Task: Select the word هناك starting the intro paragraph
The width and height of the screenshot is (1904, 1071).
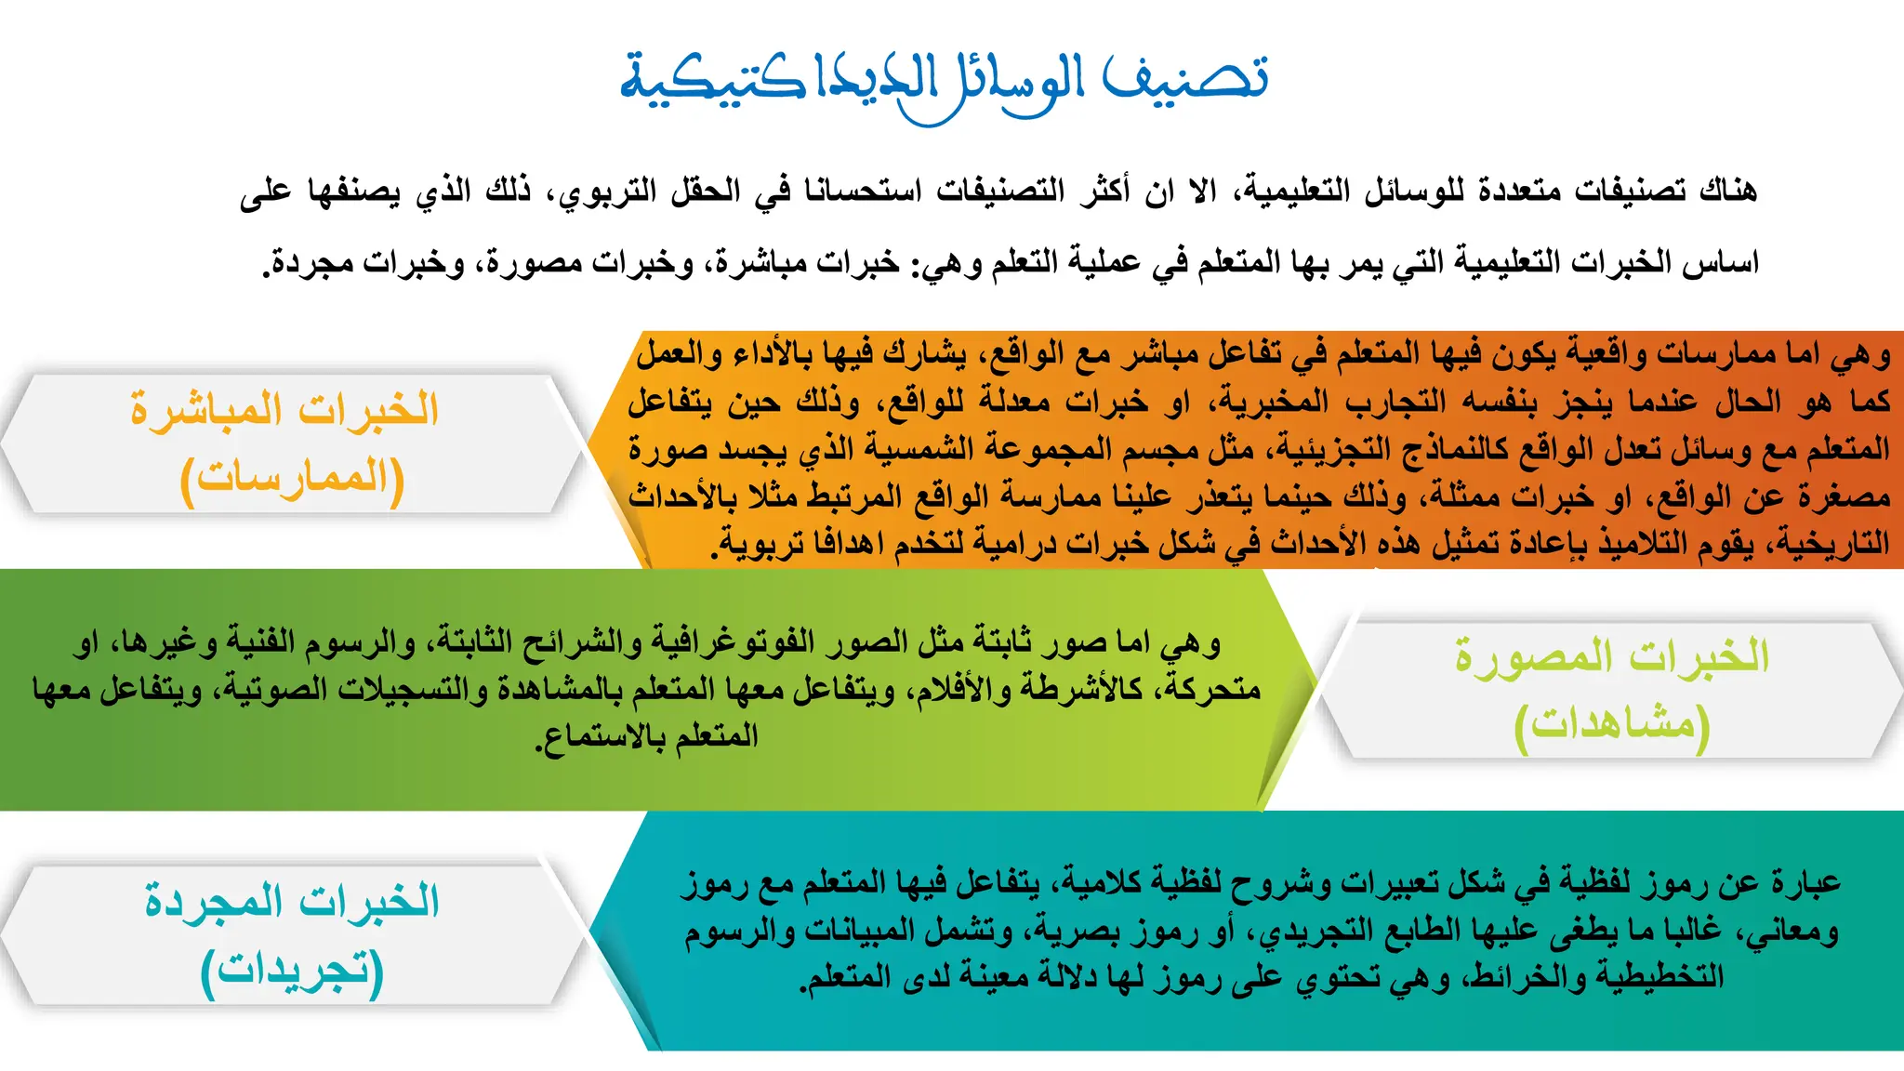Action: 1727,191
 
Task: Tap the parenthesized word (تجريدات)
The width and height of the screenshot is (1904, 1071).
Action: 292,970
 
